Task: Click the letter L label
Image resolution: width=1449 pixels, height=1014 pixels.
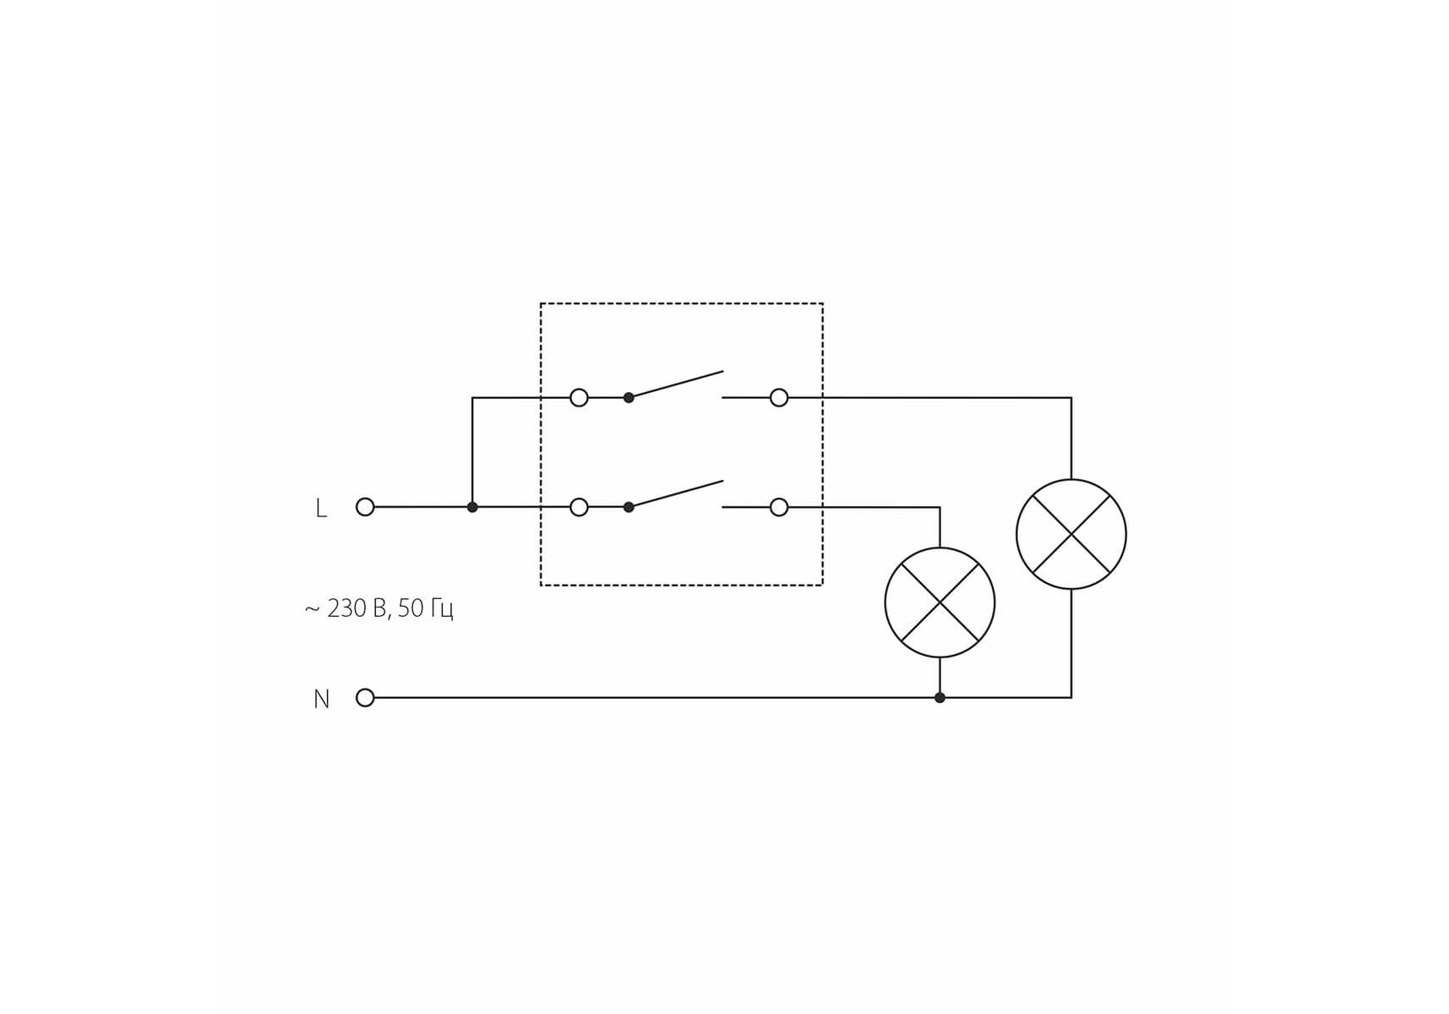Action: click(320, 508)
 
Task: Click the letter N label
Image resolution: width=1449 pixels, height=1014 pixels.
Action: click(321, 699)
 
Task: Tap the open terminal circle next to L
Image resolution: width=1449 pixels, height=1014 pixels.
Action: click(365, 507)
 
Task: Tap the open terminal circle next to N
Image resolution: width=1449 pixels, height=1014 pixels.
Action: click(365, 698)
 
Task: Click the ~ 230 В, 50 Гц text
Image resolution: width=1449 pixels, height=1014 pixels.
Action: click(379, 608)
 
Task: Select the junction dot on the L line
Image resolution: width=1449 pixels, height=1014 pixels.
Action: click(472, 507)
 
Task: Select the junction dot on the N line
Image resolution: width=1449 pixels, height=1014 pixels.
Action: click(940, 698)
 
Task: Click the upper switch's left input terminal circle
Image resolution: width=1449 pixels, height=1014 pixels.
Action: click(579, 397)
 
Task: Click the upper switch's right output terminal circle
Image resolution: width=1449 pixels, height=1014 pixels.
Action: click(779, 397)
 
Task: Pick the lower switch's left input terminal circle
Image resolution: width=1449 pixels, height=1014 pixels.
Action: click(579, 507)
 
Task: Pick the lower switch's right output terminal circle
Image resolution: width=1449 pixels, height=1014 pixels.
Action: click(779, 507)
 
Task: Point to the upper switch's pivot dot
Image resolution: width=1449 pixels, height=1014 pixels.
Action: click(629, 397)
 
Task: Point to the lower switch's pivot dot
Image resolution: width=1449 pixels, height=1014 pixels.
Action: click(629, 507)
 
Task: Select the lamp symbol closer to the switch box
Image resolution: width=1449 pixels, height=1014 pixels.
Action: click(940, 602)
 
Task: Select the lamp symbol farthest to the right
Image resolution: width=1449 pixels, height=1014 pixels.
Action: click(1071, 534)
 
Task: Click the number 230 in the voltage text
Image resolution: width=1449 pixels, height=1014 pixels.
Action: click(346, 608)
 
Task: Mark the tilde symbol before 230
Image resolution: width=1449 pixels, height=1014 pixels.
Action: click(312, 609)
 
